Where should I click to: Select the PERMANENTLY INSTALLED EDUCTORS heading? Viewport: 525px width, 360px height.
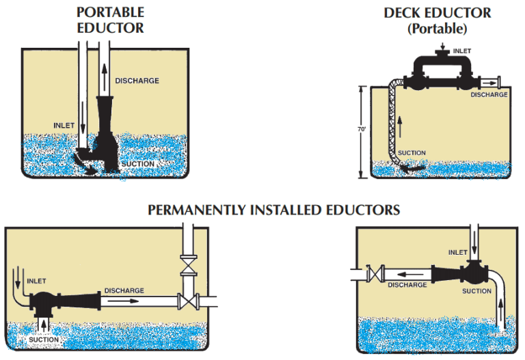273,209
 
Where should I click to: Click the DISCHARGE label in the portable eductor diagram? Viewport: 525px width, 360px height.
137,81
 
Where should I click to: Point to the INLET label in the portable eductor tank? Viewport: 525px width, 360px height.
64,125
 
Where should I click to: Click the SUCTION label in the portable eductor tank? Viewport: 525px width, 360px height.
137,164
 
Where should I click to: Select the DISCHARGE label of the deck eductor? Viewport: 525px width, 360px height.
489,95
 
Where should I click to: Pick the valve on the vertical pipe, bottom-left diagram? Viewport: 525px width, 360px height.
185,263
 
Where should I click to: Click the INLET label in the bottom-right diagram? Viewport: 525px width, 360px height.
458,252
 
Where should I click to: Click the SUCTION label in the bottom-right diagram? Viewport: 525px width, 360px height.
476,291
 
